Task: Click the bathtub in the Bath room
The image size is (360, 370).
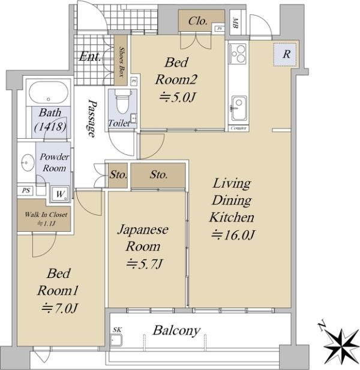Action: pyautogui.click(x=49, y=92)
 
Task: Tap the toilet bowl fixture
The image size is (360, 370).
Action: pyautogui.click(x=122, y=101)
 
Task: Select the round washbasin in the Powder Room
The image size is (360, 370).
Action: pyautogui.click(x=28, y=163)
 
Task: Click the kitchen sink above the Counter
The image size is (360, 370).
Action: pyautogui.click(x=239, y=108)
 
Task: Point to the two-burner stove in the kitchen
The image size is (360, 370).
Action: pyautogui.click(x=238, y=54)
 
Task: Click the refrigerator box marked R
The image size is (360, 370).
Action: pyautogui.click(x=285, y=55)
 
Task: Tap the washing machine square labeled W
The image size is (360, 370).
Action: pyautogui.click(x=60, y=194)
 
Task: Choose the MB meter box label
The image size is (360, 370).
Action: pyautogui.click(x=235, y=23)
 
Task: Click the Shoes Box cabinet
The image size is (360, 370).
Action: pyautogui.click(x=121, y=61)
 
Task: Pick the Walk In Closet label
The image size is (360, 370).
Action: pyautogui.click(x=46, y=214)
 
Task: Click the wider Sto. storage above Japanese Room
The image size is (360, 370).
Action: pyautogui.click(x=158, y=175)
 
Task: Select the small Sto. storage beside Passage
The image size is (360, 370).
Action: pyautogui.click(x=118, y=175)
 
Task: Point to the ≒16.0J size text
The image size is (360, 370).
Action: pyautogui.click(x=233, y=235)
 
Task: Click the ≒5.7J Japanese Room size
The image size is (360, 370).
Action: pyautogui.click(x=145, y=263)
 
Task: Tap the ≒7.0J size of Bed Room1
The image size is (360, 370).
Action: pyautogui.click(x=59, y=308)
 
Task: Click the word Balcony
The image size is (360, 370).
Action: pyautogui.click(x=176, y=330)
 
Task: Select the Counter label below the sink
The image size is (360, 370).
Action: pyautogui.click(x=239, y=128)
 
